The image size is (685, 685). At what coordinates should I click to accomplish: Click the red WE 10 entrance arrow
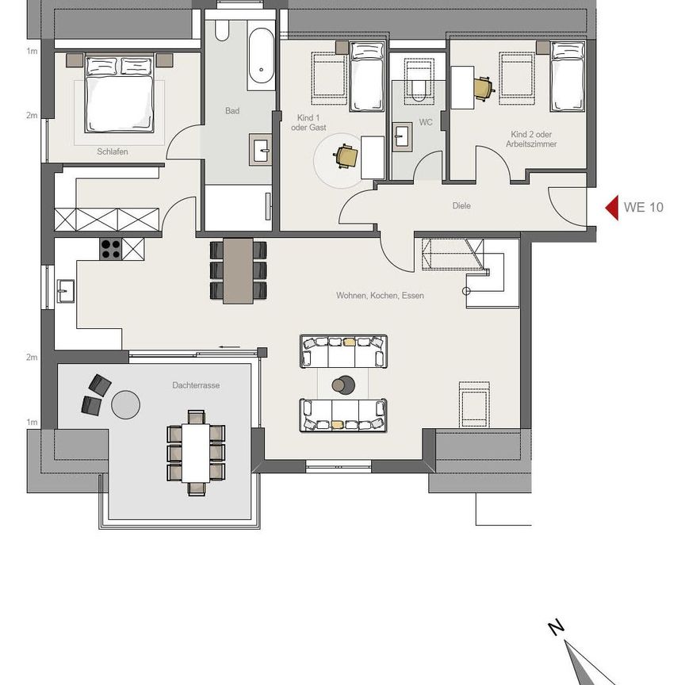tap(611, 208)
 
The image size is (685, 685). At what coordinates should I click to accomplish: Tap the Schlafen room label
tap(113, 151)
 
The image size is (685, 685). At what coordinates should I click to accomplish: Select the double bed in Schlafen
tap(119, 94)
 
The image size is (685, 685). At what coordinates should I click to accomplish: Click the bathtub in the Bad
tap(259, 60)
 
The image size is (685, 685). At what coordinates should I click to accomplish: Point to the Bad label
tap(232, 111)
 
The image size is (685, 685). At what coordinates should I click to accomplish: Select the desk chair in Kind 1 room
tap(346, 156)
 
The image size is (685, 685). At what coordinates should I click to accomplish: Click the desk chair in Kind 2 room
tap(483, 88)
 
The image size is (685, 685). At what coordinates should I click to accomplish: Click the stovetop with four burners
tap(110, 249)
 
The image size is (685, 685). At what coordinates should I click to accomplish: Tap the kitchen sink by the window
tap(64, 291)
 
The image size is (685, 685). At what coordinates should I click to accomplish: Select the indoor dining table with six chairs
tap(238, 270)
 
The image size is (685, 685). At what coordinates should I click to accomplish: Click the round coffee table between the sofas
tap(342, 385)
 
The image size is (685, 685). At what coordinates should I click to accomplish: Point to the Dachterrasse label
tap(196, 385)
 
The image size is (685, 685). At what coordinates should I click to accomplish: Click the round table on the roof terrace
tap(126, 404)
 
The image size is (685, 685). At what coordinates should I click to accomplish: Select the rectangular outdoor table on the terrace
tap(196, 453)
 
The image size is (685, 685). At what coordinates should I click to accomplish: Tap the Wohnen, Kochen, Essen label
tap(380, 296)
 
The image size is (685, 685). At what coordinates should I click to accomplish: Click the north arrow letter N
tap(557, 628)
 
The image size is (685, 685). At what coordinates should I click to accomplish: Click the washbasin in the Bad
tap(261, 148)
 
